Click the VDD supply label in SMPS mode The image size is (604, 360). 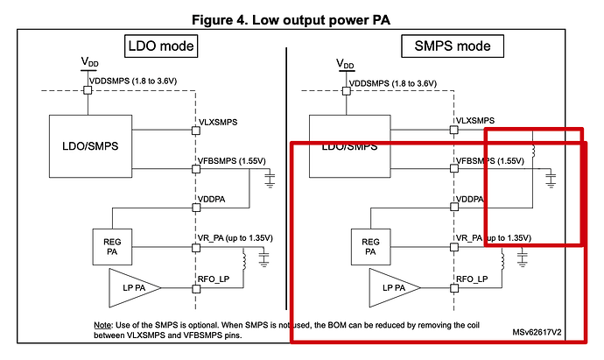pos(346,65)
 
